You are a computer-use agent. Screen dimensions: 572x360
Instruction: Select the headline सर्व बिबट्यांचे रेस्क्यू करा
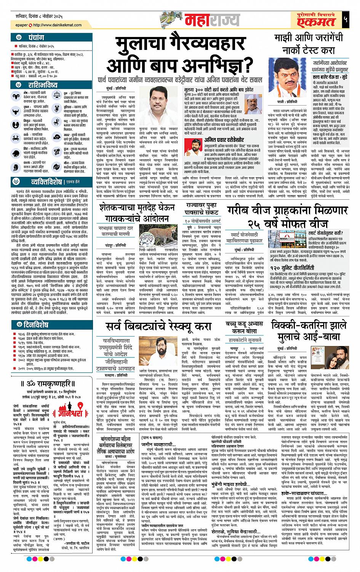coord(163,327)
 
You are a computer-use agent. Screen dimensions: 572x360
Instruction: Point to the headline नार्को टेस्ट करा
coord(309,51)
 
